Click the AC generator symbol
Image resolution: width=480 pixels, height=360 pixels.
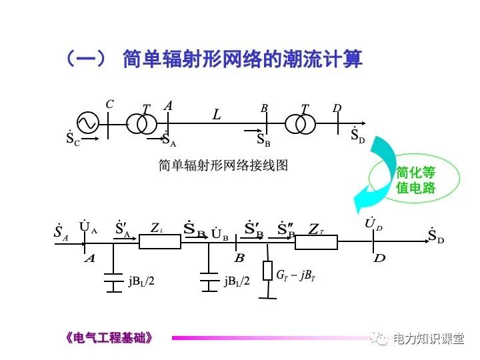87,123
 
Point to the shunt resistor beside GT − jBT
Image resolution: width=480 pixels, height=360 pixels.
267,270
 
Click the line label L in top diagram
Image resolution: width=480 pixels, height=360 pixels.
217,115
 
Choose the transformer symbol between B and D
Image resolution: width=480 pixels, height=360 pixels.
300,123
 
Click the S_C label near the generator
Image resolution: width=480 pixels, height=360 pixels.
73,139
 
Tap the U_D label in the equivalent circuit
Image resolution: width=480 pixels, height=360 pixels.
373,225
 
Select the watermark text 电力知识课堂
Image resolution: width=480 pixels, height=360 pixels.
428,339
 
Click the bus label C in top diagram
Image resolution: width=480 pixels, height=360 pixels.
110,104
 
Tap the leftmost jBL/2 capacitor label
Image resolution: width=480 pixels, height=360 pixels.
142,281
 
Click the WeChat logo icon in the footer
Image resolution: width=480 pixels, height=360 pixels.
381,339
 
